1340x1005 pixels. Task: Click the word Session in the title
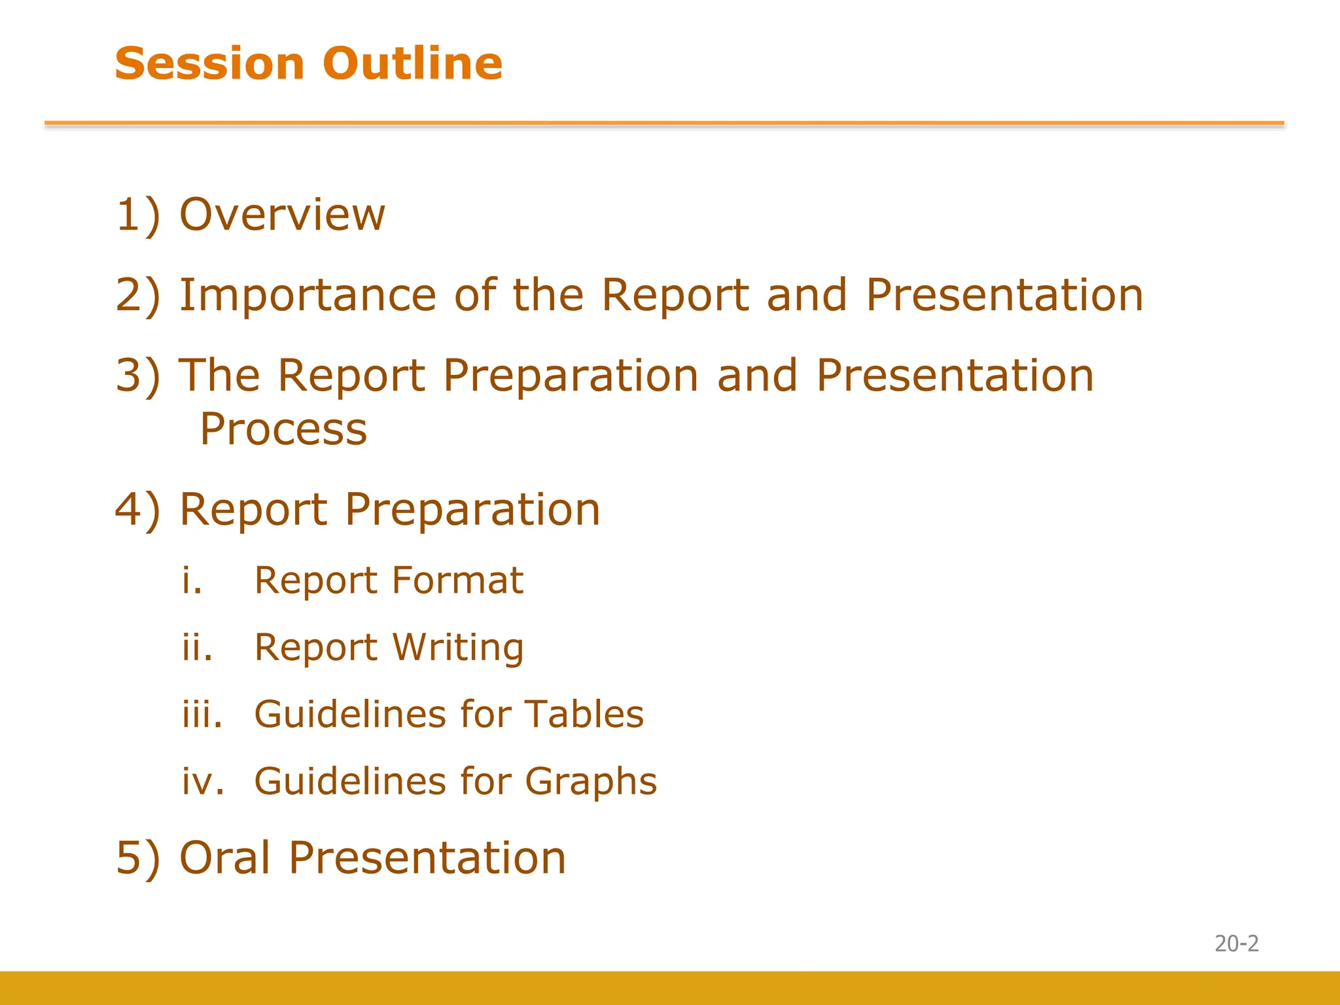[x=209, y=63]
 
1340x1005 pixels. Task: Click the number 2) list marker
[x=137, y=296]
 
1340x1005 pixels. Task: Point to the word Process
[x=283, y=430]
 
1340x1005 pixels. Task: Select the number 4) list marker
[x=137, y=510]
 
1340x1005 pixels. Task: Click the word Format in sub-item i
[x=457, y=580]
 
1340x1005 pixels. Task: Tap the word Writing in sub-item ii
[x=458, y=648]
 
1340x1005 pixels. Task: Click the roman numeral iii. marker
[x=202, y=714]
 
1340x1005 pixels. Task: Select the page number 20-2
[x=1236, y=943]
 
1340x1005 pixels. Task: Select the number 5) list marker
[x=137, y=858]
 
